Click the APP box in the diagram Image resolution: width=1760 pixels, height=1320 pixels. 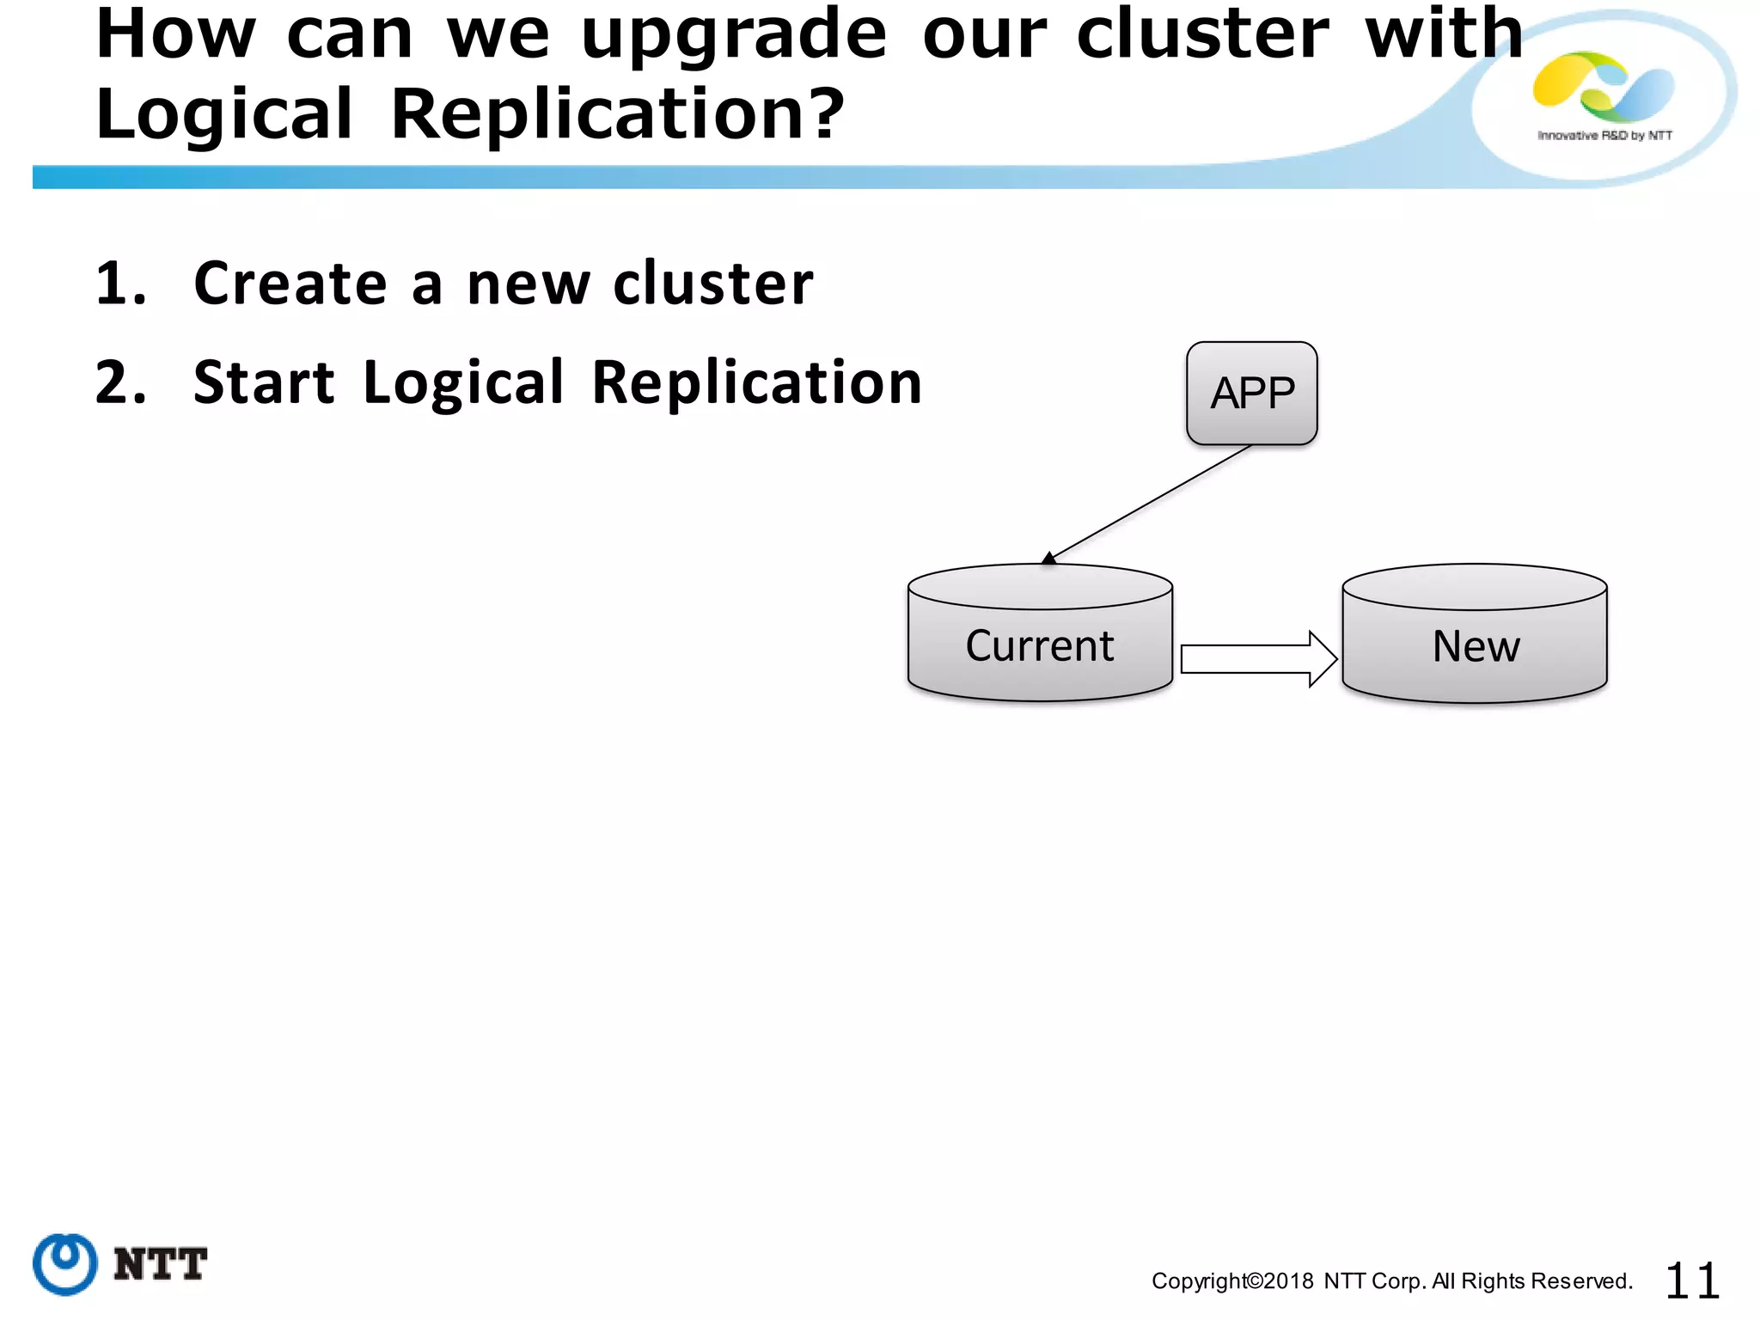pyautogui.click(x=1251, y=394)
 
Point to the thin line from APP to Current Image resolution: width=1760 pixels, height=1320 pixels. pyautogui.click(x=1152, y=503)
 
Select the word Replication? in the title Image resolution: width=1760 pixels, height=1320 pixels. pyautogui.click(x=617, y=114)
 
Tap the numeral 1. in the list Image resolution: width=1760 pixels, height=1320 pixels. pyautogui.click(x=121, y=284)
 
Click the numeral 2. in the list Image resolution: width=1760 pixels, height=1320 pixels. pyautogui.click(x=121, y=382)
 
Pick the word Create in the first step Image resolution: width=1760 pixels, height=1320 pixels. pyautogui.click(x=290, y=284)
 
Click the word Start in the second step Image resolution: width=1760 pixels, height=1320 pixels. pyautogui.click(x=264, y=382)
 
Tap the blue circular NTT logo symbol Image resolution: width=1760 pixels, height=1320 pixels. pyautogui.click(x=65, y=1263)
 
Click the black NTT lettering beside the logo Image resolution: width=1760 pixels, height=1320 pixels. pyautogui.click(x=160, y=1264)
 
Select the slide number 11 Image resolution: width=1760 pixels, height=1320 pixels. pyautogui.click(x=1691, y=1281)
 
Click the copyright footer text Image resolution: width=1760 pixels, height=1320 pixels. pyautogui.click(x=1391, y=1281)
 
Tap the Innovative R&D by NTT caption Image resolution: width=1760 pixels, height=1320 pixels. pyautogui.click(x=1604, y=136)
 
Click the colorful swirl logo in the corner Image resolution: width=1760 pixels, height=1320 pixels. pyautogui.click(x=1603, y=86)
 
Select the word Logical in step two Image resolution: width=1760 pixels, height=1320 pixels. pyautogui.click(x=463, y=382)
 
